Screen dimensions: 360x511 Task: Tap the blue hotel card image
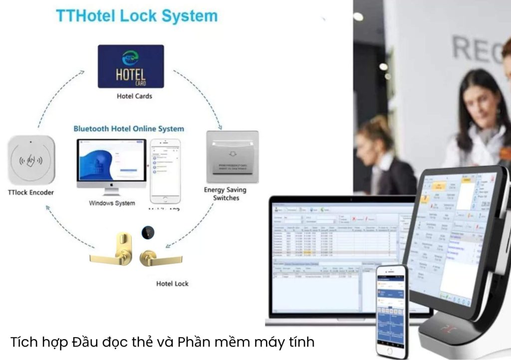click(131, 66)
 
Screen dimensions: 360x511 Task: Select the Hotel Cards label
click(134, 96)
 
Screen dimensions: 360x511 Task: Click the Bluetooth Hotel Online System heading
click(129, 129)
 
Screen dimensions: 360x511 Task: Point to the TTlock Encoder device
click(31, 160)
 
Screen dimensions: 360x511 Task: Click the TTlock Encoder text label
click(31, 192)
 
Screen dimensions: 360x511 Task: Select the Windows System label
click(112, 203)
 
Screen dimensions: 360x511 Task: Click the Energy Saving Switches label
click(226, 194)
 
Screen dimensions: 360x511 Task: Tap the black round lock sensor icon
click(148, 232)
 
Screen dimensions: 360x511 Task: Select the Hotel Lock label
click(172, 284)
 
